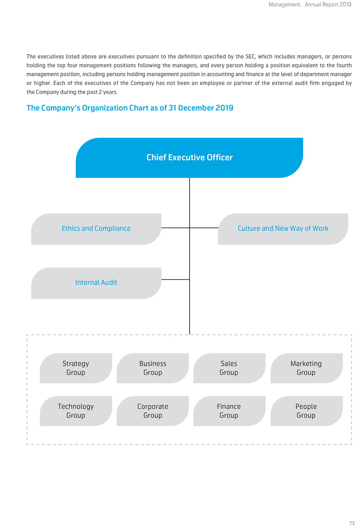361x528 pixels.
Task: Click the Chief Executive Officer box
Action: pyautogui.click(x=190, y=158)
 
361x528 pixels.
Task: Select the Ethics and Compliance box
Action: pyautogui.click(x=96, y=229)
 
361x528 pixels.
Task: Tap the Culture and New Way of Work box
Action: pyautogui.click(x=283, y=229)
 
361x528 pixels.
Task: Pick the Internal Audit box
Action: pyautogui.click(x=96, y=283)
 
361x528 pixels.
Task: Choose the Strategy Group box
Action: pyautogui.click(x=76, y=368)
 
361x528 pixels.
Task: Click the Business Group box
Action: pyautogui.click(x=153, y=368)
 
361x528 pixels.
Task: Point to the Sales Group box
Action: pyautogui.click(x=229, y=368)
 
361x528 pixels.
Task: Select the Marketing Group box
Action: pyautogui.click(x=307, y=368)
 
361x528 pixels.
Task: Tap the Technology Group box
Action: pyautogui.click(x=76, y=411)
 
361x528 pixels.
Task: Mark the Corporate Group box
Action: pyautogui.click(x=153, y=411)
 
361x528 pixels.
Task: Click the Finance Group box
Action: pyautogui.click(x=229, y=411)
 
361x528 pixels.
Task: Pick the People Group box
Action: pyautogui.click(x=307, y=411)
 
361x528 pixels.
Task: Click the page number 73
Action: pyautogui.click(x=352, y=523)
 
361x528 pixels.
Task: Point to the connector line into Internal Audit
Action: pyautogui.click(x=176, y=279)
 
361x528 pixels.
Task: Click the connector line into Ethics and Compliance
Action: pyautogui.click(x=176, y=228)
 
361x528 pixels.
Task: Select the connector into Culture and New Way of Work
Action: pyautogui.click(x=204, y=228)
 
